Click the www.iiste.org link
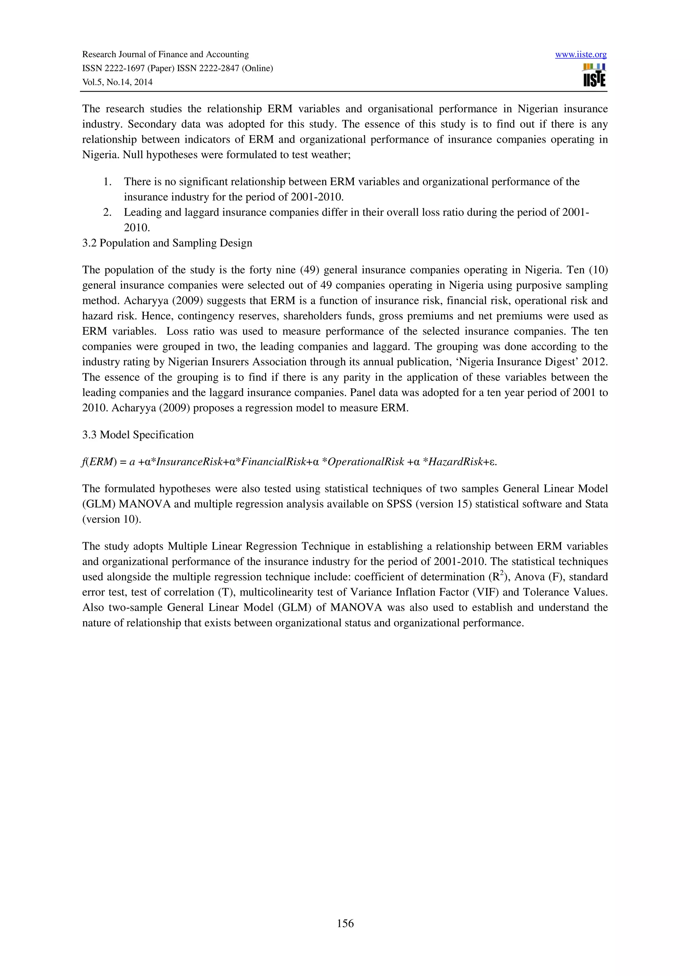tap(581, 55)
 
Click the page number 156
tap(345, 923)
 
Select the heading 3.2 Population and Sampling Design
tap(167, 243)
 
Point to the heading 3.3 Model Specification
tap(138, 434)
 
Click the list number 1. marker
tap(107, 182)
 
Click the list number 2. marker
tap(107, 212)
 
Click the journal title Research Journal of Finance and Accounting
tap(165, 55)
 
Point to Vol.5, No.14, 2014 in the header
tap(117, 82)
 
